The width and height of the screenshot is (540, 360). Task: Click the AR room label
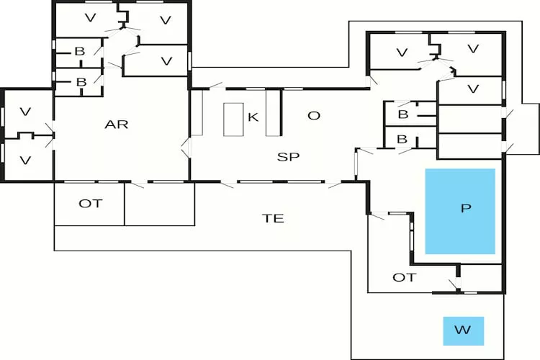coord(116,125)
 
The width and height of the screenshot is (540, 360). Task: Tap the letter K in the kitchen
coord(253,117)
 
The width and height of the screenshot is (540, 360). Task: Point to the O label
coord(313,115)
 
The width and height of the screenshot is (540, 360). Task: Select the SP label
coord(288,156)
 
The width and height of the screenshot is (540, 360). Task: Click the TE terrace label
coord(274,218)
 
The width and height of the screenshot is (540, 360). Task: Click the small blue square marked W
coord(463,331)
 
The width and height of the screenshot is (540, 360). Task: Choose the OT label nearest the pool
coord(404,277)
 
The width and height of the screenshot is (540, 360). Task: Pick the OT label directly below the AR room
coord(90,204)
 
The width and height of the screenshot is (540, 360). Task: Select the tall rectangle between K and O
coord(273,112)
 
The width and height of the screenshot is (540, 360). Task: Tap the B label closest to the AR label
coord(79,82)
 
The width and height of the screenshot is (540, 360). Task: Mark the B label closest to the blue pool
coord(403,140)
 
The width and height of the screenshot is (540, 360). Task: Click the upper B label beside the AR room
coord(79,52)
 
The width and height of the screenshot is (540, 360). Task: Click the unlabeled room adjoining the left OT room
coord(159,204)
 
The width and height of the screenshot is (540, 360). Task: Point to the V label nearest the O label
coord(401,52)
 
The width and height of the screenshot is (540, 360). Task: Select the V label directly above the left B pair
coord(90,17)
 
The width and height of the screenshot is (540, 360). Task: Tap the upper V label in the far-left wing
coord(25,112)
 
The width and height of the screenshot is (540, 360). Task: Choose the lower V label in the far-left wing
coord(25,160)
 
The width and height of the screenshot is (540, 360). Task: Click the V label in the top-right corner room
coord(473,49)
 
